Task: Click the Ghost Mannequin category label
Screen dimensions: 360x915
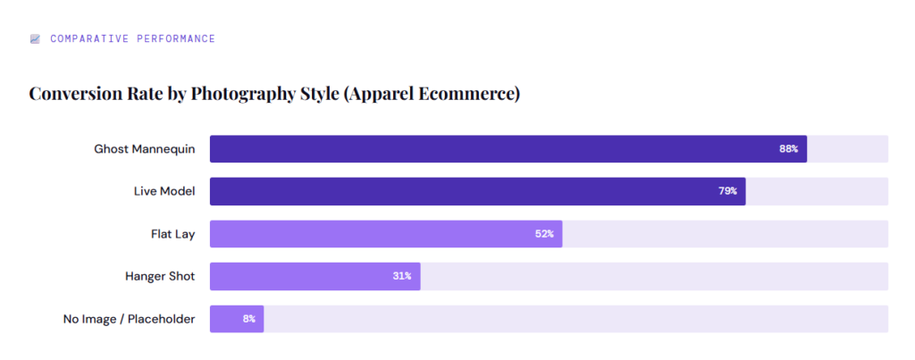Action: click(144, 149)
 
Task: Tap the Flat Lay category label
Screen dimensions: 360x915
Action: click(172, 234)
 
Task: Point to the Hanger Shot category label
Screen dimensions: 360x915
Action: click(160, 276)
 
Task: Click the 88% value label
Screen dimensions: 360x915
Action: click(788, 149)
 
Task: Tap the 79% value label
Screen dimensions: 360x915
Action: click(726, 191)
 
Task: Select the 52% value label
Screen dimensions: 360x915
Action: click(544, 234)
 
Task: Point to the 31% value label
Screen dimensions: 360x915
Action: click(401, 276)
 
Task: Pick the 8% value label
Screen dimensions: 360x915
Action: click(248, 319)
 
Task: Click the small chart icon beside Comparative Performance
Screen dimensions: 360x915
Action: click(35, 39)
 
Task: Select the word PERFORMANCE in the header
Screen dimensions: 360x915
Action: click(174, 39)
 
